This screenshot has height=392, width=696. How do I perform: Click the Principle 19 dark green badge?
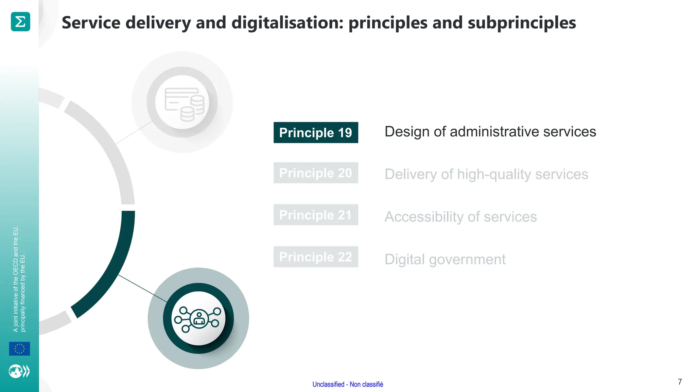(x=316, y=132)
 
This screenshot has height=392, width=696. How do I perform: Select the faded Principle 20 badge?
(x=316, y=173)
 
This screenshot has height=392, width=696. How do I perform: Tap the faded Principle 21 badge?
(x=316, y=215)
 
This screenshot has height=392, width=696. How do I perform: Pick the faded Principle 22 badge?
(x=316, y=257)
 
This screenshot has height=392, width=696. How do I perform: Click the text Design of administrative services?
(x=490, y=132)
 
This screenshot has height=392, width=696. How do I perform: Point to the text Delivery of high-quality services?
(x=486, y=174)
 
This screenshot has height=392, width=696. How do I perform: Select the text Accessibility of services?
(x=460, y=217)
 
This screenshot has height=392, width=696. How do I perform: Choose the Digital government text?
(x=445, y=259)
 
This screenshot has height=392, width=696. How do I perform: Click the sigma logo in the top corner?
(x=20, y=22)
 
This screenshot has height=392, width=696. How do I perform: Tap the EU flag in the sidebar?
(x=19, y=349)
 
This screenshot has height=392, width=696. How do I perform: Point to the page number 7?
(x=680, y=382)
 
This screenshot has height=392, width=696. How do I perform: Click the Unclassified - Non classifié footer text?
(x=348, y=385)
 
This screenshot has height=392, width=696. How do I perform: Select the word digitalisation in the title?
(x=288, y=23)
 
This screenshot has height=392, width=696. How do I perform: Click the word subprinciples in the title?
(x=522, y=23)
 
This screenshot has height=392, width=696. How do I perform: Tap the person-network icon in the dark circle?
(x=198, y=318)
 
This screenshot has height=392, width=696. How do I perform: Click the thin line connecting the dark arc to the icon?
(x=143, y=288)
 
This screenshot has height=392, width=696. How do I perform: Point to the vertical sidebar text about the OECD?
(x=19, y=279)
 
